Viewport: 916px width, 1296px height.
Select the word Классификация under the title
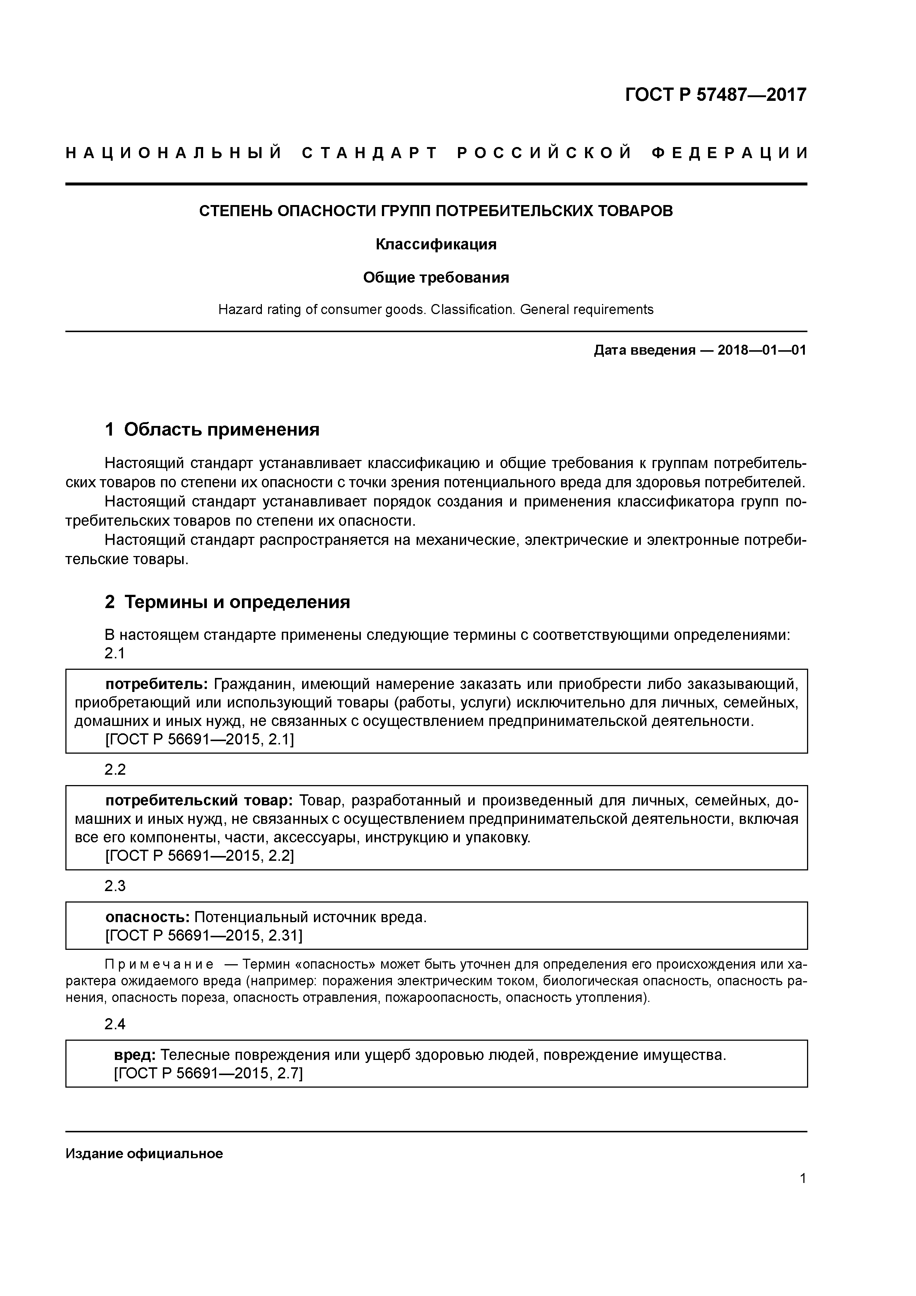point(436,245)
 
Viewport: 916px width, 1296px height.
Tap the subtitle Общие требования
point(436,278)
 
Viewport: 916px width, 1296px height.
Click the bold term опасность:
point(147,917)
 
